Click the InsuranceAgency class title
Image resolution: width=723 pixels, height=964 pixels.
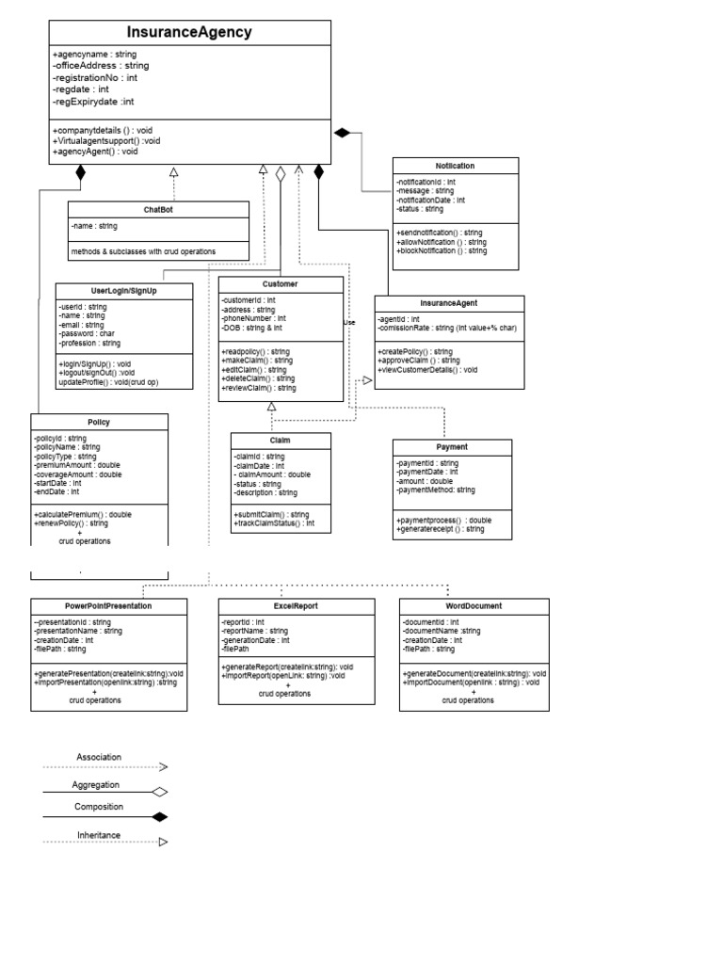click(x=189, y=33)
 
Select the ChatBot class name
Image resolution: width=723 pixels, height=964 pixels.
click(x=159, y=210)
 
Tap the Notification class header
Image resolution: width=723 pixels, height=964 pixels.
click(x=455, y=166)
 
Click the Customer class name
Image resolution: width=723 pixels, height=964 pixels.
click(x=280, y=283)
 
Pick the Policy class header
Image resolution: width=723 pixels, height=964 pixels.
click(x=99, y=422)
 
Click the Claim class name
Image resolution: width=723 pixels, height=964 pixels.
click(x=281, y=440)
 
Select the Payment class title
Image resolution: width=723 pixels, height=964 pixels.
click(x=452, y=447)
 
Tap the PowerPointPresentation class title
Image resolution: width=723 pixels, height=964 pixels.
click(x=108, y=606)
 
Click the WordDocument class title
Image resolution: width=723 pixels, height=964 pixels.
click(x=474, y=606)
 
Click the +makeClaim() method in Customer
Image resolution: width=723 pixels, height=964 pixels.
click(x=256, y=361)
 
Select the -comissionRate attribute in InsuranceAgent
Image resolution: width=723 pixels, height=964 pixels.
click(x=447, y=329)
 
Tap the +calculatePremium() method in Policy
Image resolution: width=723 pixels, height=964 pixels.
click(x=83, y=515)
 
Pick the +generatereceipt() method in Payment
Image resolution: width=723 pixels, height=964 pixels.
click(x=441, y=529)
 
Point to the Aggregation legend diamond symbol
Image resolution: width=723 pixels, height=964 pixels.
click(x=160, y=792)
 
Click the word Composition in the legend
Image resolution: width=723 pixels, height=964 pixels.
click(x=98, y=807)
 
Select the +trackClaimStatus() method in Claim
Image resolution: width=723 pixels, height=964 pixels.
click(x=274, y=522)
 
